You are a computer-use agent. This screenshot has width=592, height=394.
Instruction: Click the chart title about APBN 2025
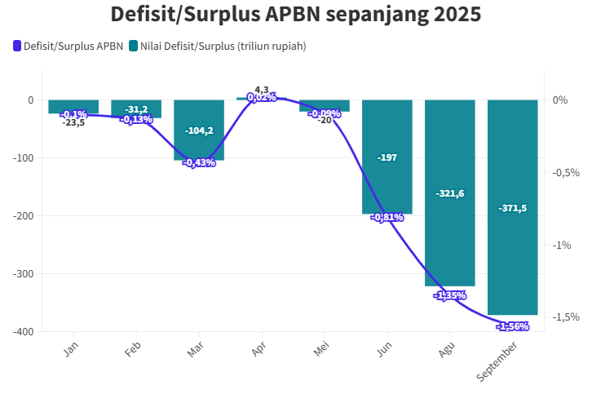pos(295,15)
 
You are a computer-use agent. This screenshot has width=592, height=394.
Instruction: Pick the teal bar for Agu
pos(449,237)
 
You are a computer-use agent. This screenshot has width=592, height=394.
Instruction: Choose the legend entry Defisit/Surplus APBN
pos(68,46)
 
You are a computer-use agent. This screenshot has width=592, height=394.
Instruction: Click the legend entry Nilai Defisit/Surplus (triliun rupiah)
pos(217,46)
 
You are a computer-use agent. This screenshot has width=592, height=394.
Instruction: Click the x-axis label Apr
pos(258,349)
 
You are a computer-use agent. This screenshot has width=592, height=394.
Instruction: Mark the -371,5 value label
pos(512,208)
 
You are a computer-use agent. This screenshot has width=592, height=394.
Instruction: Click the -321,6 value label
pos(449,193)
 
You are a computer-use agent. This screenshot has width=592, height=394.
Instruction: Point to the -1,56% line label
pos(512,326)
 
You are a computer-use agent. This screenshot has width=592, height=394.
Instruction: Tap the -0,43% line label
pos(199,162)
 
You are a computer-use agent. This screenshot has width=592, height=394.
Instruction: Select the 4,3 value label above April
pos(262,90)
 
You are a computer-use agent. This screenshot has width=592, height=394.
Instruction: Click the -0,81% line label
pos(387,217)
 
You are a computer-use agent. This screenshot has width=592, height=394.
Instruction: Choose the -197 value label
pos(387,157)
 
